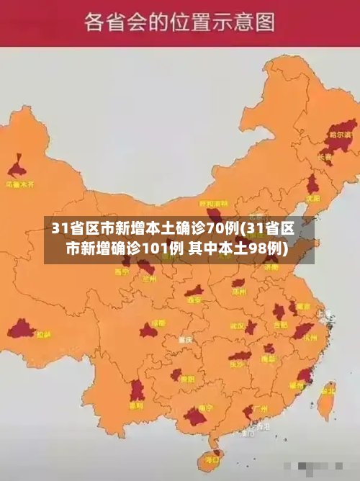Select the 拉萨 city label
point(44,334)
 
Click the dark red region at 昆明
point(137,391)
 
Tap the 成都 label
point(158,323)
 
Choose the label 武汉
point(238,325)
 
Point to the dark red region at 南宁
point(196,416)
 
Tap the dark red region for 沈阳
point(312,184)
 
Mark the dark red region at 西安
point(193,291)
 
